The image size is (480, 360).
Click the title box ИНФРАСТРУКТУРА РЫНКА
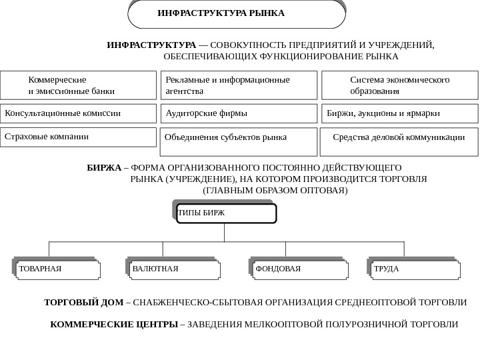pos(236,14)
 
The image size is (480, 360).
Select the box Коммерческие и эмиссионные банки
pos(79,85)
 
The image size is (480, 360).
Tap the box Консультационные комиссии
pos(79,113)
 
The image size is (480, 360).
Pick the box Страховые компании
pos(79,137)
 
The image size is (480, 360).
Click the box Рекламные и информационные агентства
pos(239,85)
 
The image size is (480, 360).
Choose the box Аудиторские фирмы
pos(239,113)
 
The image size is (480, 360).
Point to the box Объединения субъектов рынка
pos(239,142)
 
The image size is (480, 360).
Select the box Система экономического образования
pos(399,85)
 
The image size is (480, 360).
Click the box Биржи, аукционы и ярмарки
pos(399,113)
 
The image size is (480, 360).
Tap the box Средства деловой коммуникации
pos(399,142)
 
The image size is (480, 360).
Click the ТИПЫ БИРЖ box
pos(226,213)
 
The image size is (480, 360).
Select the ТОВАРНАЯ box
pos(58,269)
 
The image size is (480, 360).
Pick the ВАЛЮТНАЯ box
pos(172,269)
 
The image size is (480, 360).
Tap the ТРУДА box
pos(414,269)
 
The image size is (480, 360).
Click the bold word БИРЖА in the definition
pos(104,167)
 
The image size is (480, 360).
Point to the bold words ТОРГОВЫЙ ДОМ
pos(83,303)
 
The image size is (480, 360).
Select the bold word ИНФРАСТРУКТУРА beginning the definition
pos(151,45)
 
